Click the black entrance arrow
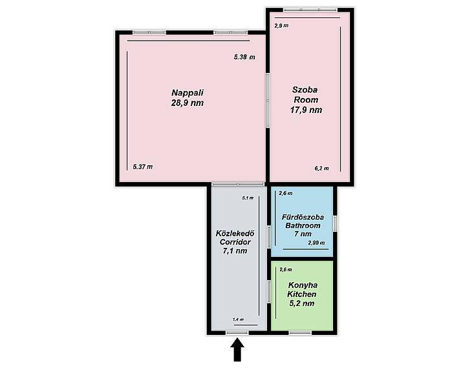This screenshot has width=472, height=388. [237, 349]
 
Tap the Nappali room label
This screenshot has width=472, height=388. [188, 92]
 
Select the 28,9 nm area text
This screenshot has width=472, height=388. [188, 103]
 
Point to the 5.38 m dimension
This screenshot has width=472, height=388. [244, 57]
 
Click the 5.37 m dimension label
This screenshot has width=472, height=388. [143, 167]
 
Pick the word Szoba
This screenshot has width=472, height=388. [305, 90]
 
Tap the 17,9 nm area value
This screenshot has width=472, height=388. [306, 110]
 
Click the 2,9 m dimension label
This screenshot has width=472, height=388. [281, 26]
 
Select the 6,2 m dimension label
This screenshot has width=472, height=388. [322, 168]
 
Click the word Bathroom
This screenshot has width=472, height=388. [303, 225]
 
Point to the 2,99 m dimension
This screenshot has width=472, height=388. [316, 243]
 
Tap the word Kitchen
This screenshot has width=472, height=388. [302, 294]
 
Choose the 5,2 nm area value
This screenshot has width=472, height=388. [302, 303]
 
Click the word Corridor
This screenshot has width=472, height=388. [235, 242]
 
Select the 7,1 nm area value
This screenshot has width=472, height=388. [235, 250]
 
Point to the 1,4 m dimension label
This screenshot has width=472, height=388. [238, 320]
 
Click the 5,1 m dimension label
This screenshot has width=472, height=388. [248, 198]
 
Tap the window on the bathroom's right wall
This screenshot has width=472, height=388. [335, 223]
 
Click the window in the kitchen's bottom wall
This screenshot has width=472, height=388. [300, 332]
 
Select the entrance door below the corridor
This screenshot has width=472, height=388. [237, 332]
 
